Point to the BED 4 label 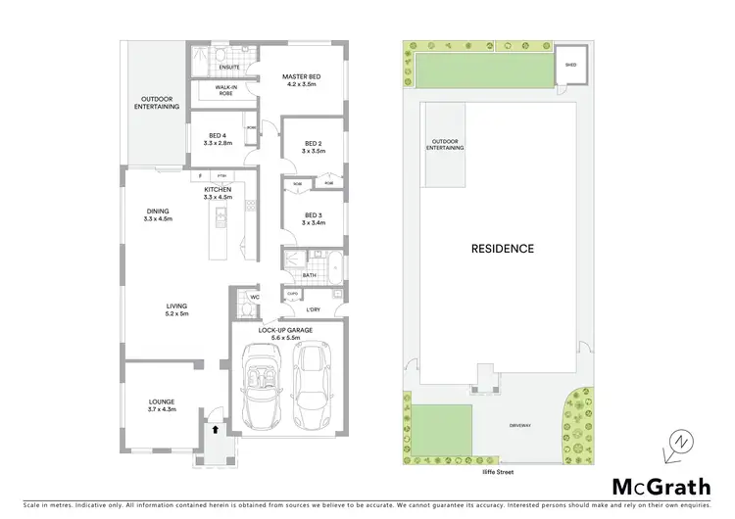point(217,139)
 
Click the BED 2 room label point(313,147)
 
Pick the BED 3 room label point(313,218)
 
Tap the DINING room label point(158,214)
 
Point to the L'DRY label point(313,310)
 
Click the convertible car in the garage point(260,390)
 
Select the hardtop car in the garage point(312,390)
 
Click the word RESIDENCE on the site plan point(502,249)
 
